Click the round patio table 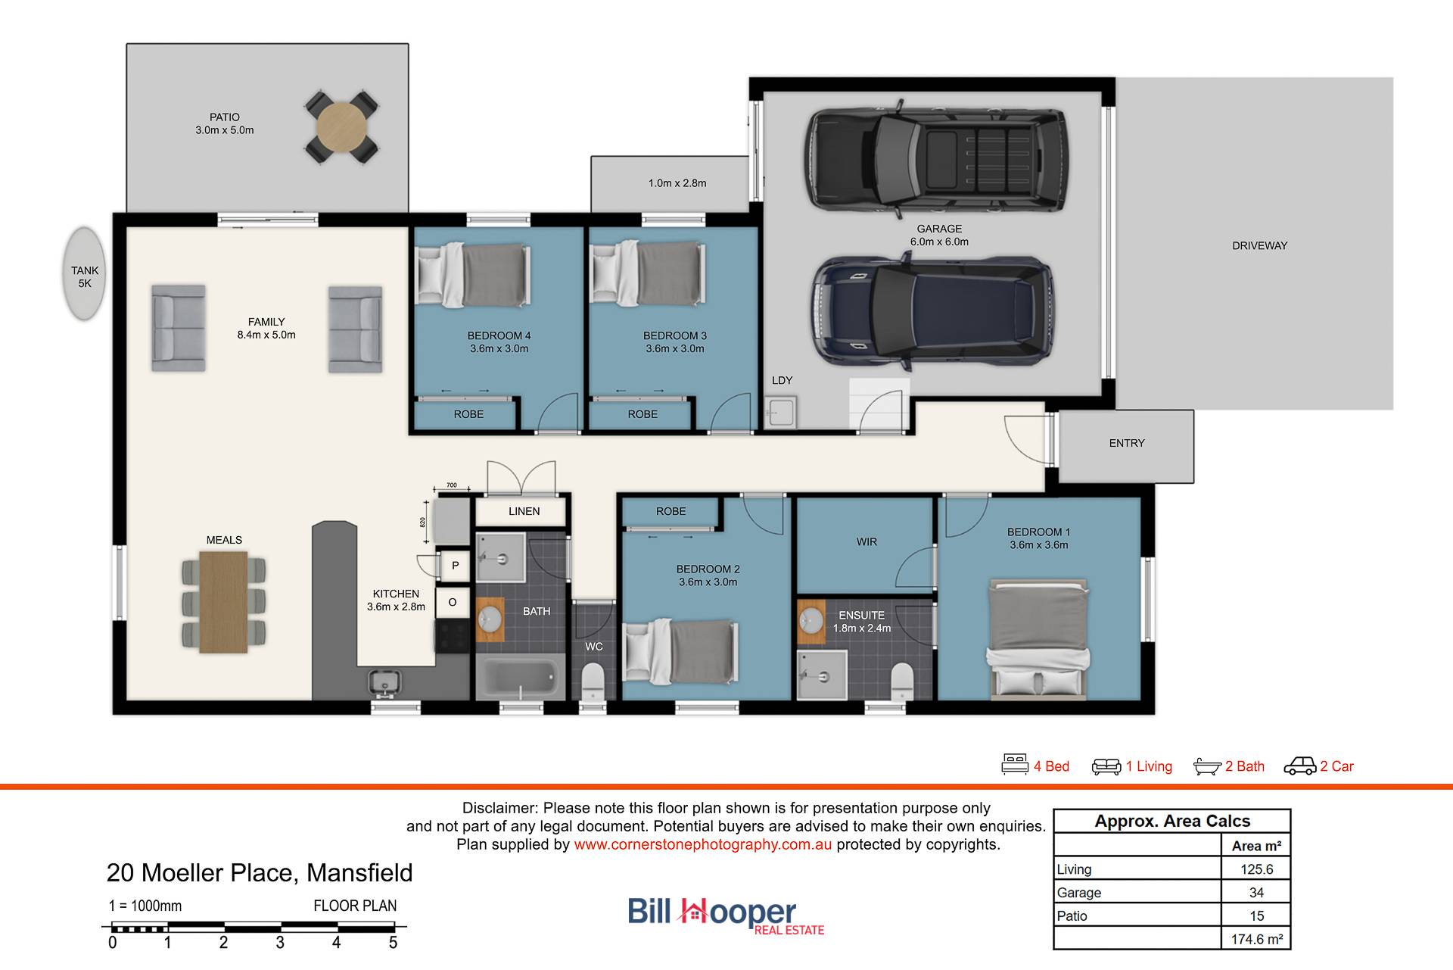[341, 127]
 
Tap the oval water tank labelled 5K [84, 273]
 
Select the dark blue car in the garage [932, 310]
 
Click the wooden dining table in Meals [224, 601]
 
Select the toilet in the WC [593, 681]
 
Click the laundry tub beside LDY [779, 413]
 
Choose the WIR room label [867, 542]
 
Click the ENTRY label [1127, 443]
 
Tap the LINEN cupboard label [524, 511]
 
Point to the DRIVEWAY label [1259, 245]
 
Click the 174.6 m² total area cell [1256, 939]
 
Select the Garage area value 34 [1256, 892]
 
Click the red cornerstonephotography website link [703, 844]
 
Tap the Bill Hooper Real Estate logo [726, 915]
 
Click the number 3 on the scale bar [280, 943]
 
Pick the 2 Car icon [1299, 766]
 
